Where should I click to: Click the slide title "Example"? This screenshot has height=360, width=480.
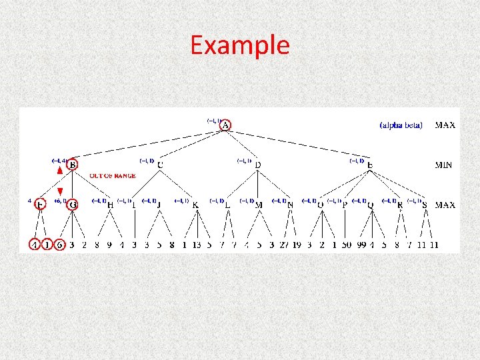coord(240,45)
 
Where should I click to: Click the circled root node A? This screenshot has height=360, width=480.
coord(225,125)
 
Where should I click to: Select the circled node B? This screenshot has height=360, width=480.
coord(72,165)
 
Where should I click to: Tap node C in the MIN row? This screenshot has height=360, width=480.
coord(161,165)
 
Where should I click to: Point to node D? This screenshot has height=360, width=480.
coord(258,165)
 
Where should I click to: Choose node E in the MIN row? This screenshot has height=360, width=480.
coord(370,165)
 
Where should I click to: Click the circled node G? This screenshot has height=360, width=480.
coord(72,205)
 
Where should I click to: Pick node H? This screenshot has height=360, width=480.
coord(110,205)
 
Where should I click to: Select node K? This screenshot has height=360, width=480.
coord(195,205)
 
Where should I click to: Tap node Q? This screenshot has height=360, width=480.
coord(371,205)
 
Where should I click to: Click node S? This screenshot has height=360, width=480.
coord(425,205)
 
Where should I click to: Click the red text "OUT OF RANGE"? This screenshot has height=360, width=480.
coord(113,176)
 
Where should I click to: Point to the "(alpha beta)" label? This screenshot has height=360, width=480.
coord(401,125)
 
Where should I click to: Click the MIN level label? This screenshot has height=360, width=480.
coord(445,165)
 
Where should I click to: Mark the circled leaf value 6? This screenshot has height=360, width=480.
coord(60,245)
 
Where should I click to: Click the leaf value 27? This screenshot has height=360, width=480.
coord(285,245)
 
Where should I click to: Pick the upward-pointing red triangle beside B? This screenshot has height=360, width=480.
coord(60,171)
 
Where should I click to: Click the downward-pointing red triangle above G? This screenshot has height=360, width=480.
coord(60,192)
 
